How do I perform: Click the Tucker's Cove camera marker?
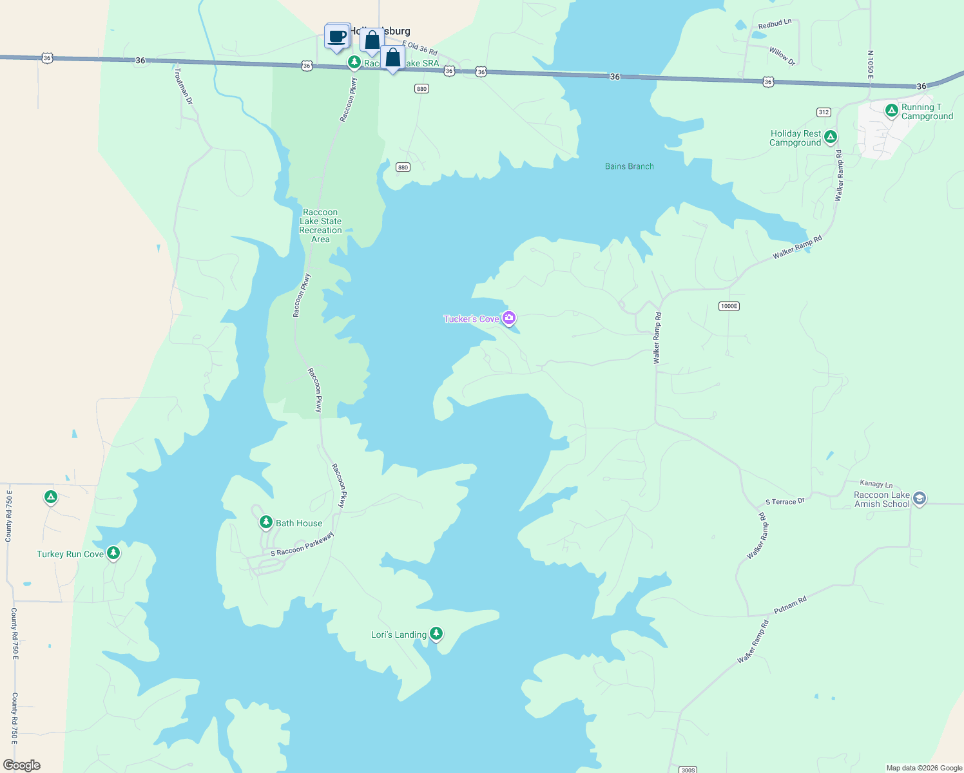[509, 318]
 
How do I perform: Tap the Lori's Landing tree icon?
[436, 634]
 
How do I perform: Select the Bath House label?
[299, 523]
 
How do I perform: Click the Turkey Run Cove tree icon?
[113, 553]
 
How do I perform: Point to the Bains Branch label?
[629, 166]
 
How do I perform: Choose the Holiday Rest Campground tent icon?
[831, 137]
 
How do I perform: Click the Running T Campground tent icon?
[891, 110]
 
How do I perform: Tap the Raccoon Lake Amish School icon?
[920, 499]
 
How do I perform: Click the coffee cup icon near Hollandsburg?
[337, 37]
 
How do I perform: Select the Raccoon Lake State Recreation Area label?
[320, 225]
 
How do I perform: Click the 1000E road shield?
[729, 306]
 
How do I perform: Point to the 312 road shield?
[824, 112]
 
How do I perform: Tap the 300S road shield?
[688, 769]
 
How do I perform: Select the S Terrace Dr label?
[785, 501]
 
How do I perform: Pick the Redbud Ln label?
[775, 24]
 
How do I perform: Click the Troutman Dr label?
[183, 86]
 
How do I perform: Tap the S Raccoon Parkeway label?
[302, 544]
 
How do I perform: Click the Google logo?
[22, 765]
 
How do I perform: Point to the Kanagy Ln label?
[876, 484]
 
